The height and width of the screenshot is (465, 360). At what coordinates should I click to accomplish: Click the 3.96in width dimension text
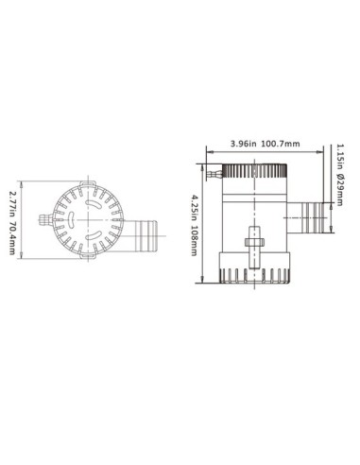(x=243, y=145)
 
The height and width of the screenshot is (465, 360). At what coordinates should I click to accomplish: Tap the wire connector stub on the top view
(x=43, y=222)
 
